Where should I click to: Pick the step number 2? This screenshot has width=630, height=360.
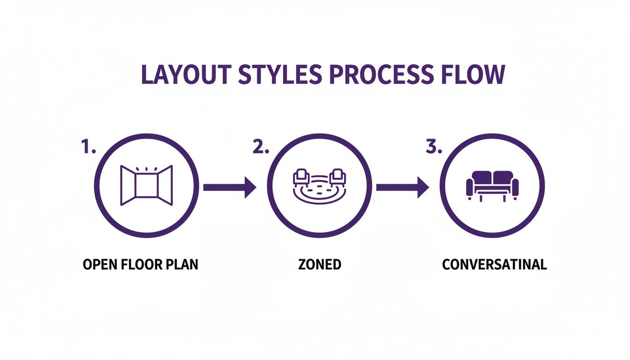(x=261, y=147)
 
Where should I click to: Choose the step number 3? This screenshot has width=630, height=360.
(x=434, y=147)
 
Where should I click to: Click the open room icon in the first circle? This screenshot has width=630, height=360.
(x=146, y=186)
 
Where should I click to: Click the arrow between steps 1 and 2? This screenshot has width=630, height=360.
(x=230, y=188)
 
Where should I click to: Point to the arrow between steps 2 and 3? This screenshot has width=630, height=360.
(x=403, y=188)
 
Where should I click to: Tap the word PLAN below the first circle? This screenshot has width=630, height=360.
(x=181, y=264)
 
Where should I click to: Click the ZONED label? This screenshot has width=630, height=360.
(x=319, y=264)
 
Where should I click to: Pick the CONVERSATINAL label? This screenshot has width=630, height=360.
(x=495, y=264)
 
